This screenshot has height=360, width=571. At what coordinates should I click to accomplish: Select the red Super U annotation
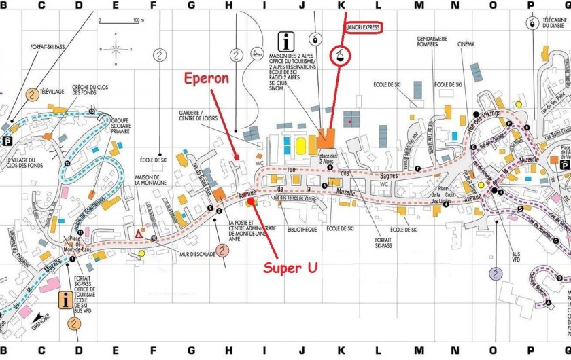coord(291,268)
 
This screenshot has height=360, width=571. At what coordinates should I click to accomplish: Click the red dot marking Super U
coord(251,201)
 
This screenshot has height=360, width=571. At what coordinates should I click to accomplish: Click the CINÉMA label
coord(466,43)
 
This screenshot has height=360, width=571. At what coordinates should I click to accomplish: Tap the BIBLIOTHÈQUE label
coord(302,230)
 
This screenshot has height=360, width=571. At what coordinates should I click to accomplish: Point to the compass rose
coord(116,48)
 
